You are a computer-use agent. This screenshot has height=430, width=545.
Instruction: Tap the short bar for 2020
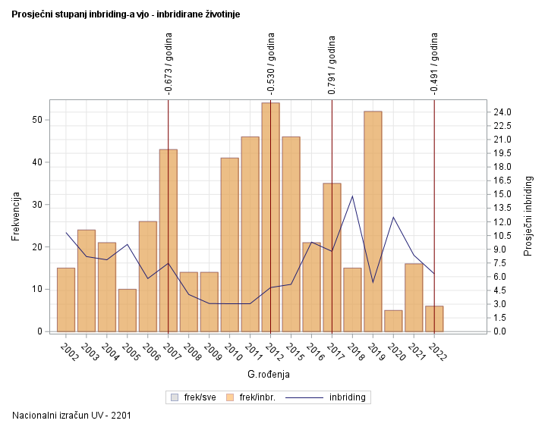tap(393, 321)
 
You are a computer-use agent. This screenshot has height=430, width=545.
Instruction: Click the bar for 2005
tap(128, 310)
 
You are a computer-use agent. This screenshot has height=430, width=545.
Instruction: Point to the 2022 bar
tap(434, 319)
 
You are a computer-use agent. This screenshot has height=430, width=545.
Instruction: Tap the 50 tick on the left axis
tap(36, 120)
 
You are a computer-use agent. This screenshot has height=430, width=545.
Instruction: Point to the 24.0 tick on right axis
tap(502, 112)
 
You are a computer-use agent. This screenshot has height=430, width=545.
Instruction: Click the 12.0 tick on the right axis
tap(502, 222)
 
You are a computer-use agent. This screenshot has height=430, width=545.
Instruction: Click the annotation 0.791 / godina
tap(332, 64)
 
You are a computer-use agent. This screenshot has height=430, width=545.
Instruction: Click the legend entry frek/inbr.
tap(257, 397)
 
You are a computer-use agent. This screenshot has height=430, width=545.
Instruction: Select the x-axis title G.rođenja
tap(269, 374)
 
